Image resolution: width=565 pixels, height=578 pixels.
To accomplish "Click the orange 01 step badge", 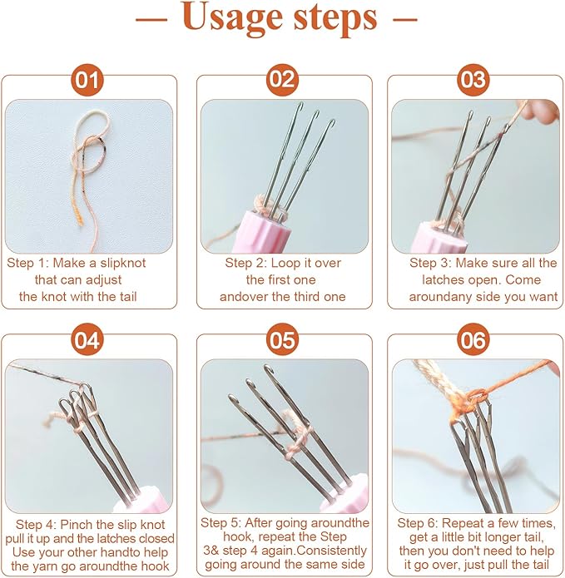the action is point(87,80).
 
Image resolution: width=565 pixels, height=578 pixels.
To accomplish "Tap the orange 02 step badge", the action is point(283,80).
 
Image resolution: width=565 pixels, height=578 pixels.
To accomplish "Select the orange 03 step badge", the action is point(473,80).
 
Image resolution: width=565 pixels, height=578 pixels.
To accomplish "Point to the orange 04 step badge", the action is point(87,340).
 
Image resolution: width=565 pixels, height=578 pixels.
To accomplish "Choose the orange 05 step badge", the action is point(283,340).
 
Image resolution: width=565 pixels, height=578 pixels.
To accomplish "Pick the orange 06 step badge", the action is point(473,340).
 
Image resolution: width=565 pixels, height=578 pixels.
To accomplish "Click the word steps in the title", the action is point(335,17).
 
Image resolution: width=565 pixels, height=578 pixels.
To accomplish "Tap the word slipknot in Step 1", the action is point(123,263).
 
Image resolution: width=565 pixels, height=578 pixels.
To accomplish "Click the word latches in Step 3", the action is point(441,279).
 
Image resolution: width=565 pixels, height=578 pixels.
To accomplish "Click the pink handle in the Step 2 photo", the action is point(267,231).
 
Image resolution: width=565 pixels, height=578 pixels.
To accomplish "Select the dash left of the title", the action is point(151,18).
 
